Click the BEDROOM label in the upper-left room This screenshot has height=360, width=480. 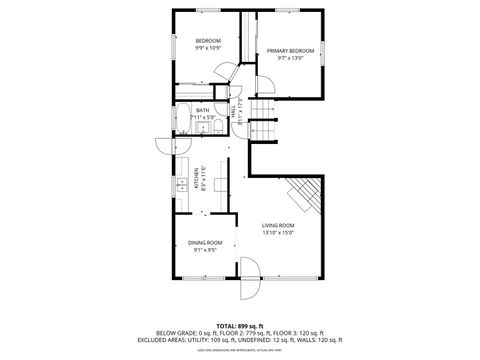(x=207, y=41)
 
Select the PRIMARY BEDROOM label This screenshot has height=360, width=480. (x=290, y=51)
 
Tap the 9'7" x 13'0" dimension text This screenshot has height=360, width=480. (x=290, y=58)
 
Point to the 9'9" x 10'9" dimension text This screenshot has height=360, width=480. (x=207, y=48)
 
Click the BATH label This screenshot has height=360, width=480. (x=203, y=110)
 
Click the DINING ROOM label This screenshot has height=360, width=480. (x=205, y=243)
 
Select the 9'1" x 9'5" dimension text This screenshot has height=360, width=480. (x=205, y=250)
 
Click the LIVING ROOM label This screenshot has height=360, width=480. (x=278, y=225)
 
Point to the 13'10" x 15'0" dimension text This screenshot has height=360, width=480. (x=278, y=232)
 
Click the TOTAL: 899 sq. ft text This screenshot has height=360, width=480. (x=239, y=326)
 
